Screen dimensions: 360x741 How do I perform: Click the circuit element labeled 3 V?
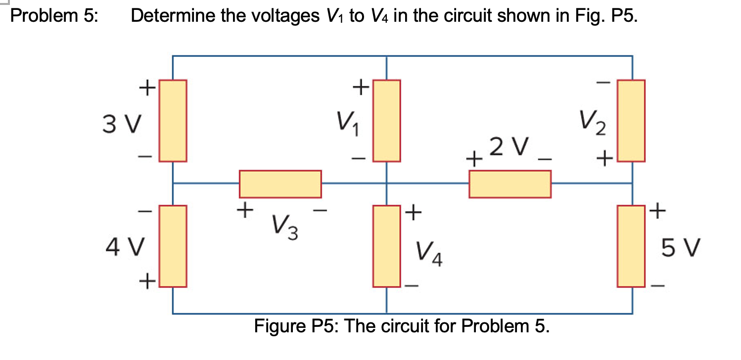click(173, 121)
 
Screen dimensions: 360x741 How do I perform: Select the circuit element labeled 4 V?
click(173, 246)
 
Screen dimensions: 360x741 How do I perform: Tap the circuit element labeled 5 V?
click(632, 246)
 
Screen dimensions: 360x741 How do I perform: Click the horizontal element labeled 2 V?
click(510, 184)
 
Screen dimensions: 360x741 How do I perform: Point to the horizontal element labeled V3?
click(280, 184)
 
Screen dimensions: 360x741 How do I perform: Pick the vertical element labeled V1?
click(386, 121)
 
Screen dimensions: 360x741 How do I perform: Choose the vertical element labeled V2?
click(632, 121)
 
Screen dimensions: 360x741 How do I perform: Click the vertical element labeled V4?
click(386, 246)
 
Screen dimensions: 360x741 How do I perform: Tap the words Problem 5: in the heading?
click(54, 16)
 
